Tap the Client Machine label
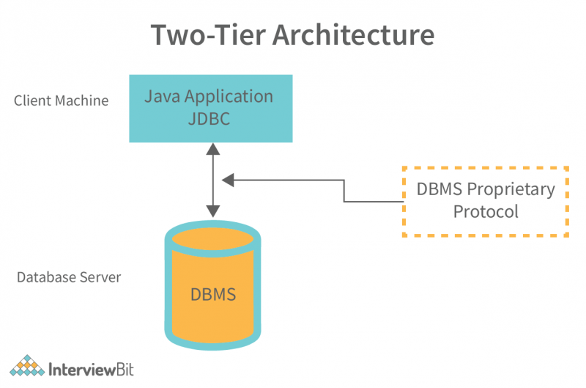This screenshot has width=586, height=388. [x=62, y=101]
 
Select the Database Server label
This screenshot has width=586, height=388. [x=69, y=278]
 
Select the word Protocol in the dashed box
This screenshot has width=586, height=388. [x=486, y=212]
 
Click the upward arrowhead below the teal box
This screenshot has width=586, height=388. [x=212, y=149]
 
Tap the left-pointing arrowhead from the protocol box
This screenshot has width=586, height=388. [x=228, y=178]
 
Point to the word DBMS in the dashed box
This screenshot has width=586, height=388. [x=438, y=189]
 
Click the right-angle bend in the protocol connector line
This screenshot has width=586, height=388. [x=344, y=200]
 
